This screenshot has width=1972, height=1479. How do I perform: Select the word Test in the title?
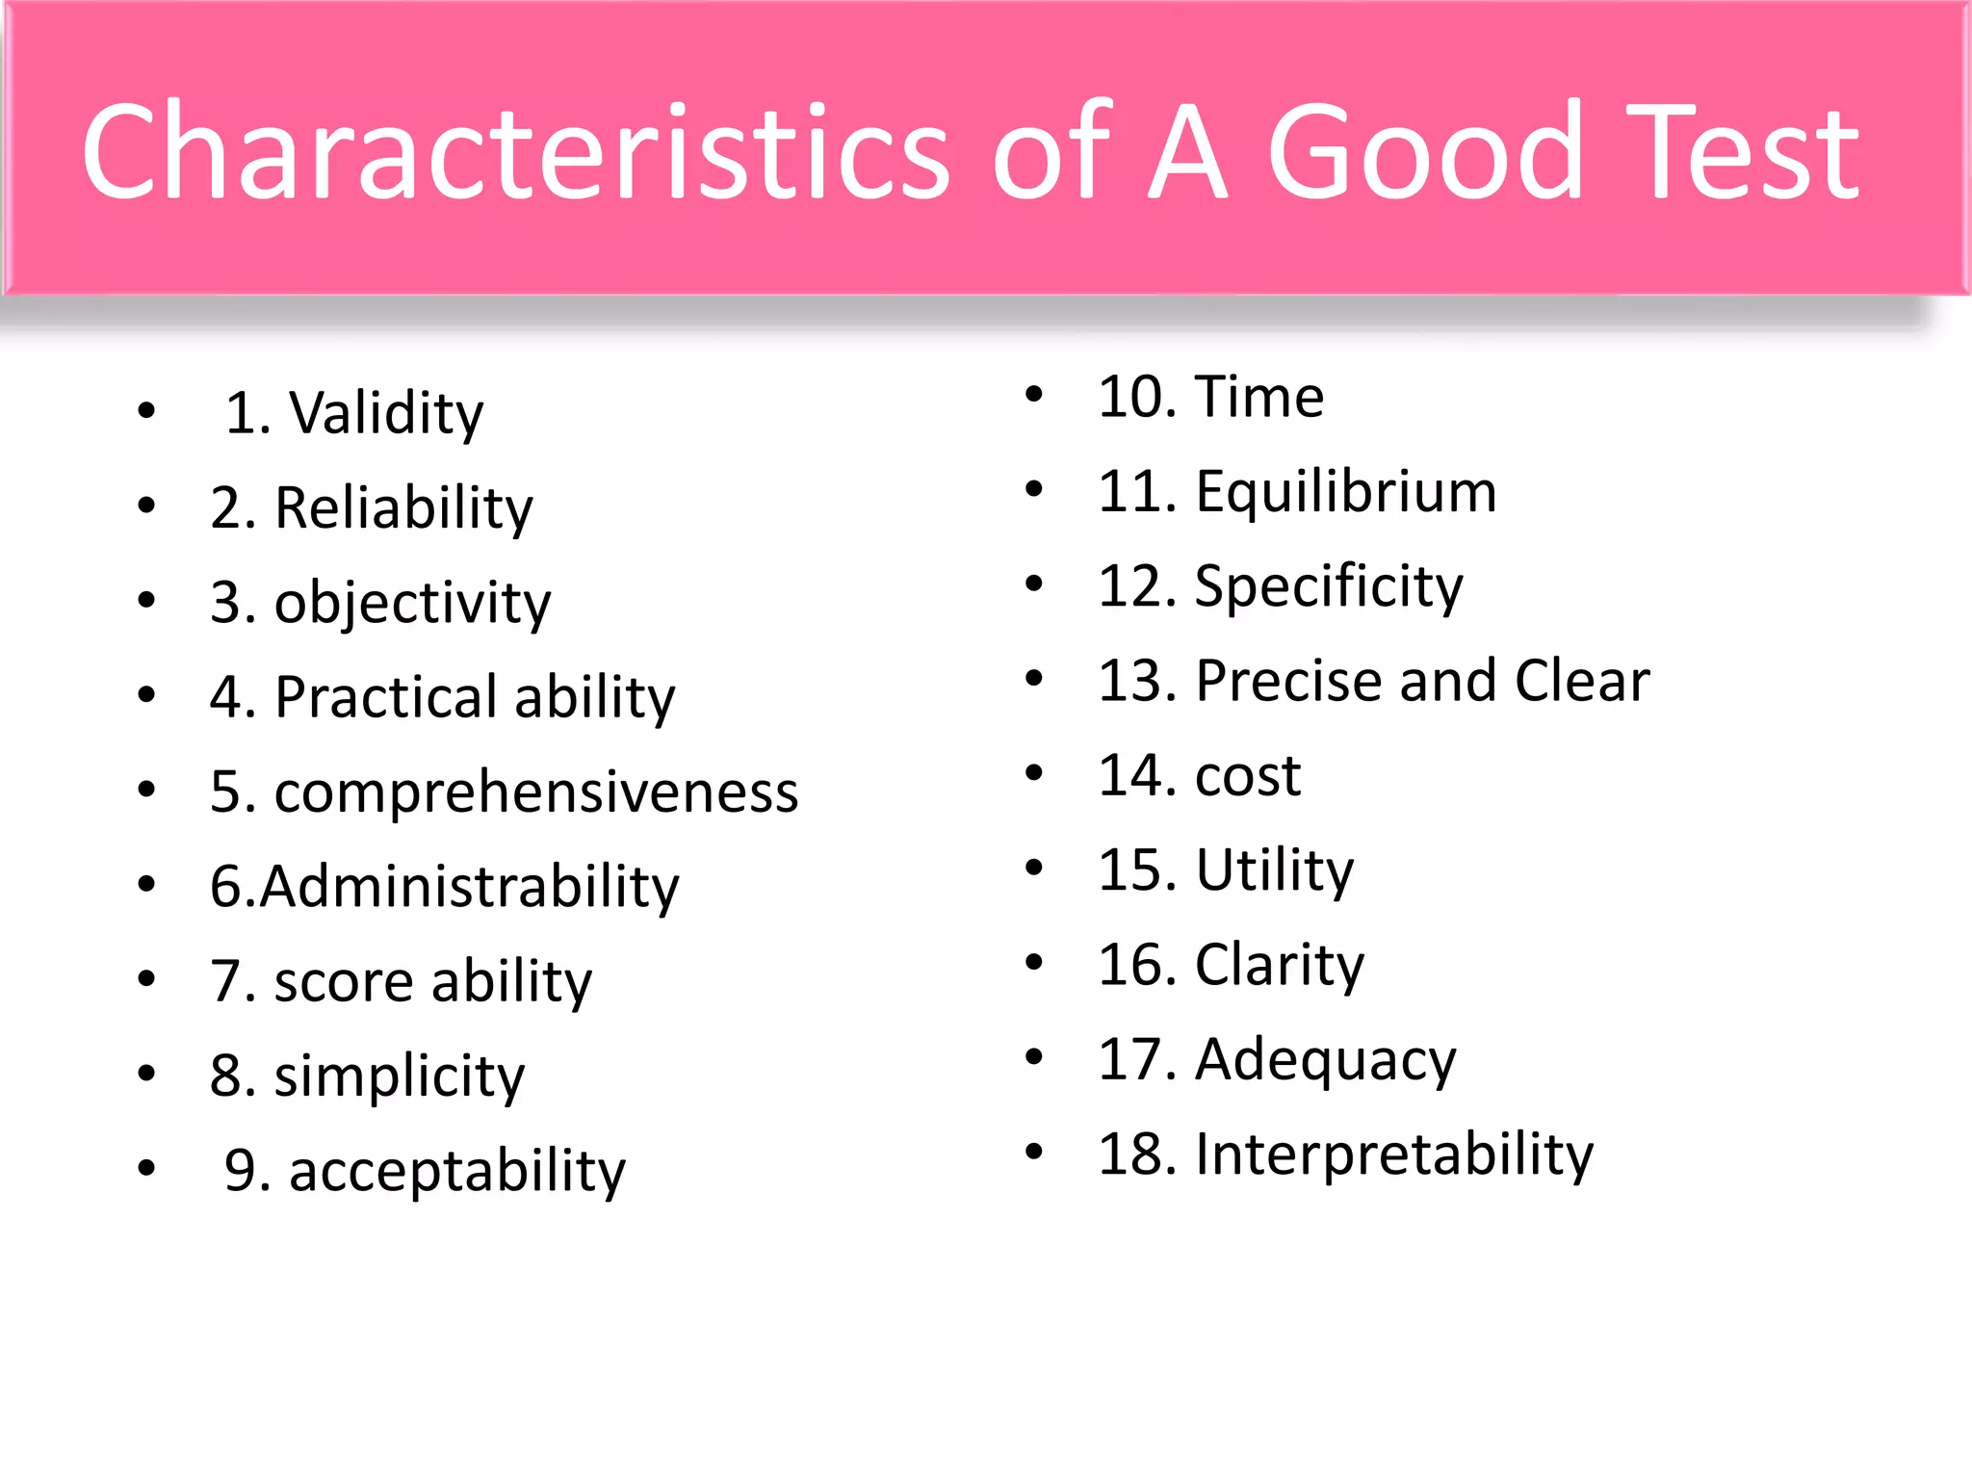(x=1745, y=154)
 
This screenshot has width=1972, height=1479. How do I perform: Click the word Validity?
(x=386, y=414)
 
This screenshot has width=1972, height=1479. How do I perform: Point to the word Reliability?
(x=403, y=508)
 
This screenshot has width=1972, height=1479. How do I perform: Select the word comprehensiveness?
(x=535, y=792)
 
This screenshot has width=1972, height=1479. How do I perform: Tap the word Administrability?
(x=469, y=887)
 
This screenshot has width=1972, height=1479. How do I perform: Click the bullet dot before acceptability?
(x=146, y=1169)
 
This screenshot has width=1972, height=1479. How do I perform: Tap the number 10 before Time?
(x=1129, y=397)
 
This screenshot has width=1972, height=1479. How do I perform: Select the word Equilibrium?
(x=1345, y=492)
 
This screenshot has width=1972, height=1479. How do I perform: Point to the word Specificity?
(x=1328, y=586)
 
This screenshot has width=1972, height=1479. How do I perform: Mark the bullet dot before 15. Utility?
(x=1034, y=868)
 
